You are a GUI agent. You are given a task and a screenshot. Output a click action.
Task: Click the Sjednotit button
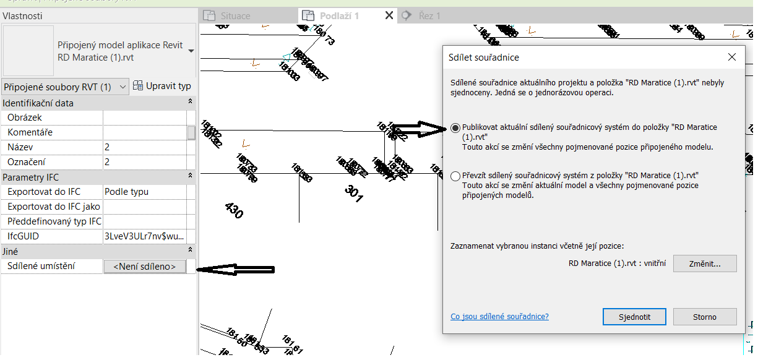coord(634,317)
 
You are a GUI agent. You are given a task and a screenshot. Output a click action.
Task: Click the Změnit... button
coord(705,264)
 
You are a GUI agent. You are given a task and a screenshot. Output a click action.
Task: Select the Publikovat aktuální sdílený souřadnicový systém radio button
coord(456,128)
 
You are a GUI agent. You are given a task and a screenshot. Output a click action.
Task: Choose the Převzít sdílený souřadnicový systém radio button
coord(456,176)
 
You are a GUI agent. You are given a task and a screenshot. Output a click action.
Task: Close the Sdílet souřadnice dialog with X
coord(732,57)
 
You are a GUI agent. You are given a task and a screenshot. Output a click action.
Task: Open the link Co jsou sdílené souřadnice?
coord(499,317)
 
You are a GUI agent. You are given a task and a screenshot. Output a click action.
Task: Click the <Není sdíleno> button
coord(144,267)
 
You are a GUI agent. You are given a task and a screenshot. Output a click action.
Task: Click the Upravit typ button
coord(163,87)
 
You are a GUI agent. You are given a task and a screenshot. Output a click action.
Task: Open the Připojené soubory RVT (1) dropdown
coord(65,87)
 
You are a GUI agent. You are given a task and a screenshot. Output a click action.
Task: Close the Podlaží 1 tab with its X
coord(389,15)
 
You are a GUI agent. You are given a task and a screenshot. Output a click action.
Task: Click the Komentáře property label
coord(30,132)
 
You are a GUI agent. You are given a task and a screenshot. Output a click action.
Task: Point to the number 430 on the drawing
coord(234,211)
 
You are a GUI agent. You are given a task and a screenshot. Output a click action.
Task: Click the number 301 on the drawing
coord(353,194)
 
